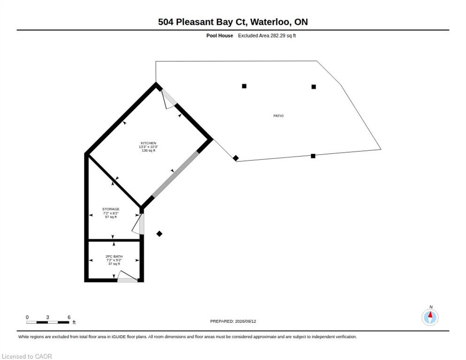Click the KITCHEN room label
click(148, 143)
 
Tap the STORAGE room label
click(111, 209)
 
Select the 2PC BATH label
click(114, 256)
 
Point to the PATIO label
click(278, 116)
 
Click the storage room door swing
click(139, 224)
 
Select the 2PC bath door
click(128, 277)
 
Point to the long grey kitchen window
click(175, 174)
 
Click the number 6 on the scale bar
click(69, 317)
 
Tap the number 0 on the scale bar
click(27, 317)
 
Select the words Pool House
click(219, 36)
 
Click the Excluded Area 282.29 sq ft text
click(267, 36)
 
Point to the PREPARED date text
click(233, 321)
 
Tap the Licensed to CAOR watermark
click(27, 356)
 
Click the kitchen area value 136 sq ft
click(148, 150)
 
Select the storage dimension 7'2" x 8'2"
click(111, 213)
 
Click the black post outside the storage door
click(159, 234)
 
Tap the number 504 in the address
click(165, 22)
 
